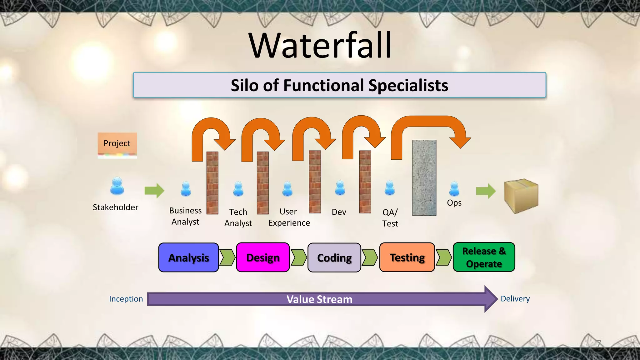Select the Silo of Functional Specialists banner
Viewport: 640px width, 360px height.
(339, 85)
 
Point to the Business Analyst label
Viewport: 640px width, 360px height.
(185, 216)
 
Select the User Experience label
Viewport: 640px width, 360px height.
(289, 217)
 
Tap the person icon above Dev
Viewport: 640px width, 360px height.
(340, 188)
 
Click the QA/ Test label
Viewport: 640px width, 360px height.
(390, 218)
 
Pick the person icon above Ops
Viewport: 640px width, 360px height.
(454, 189)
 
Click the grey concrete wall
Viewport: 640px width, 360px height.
(424, 177)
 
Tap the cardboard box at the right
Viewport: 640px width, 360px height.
(521, 196)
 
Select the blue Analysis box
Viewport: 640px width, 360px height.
(188, 257)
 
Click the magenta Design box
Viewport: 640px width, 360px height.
(263, 257)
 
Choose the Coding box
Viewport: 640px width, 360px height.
(334, 257)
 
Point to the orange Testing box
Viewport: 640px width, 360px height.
(407, 257)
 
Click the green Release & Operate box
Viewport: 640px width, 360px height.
(484, 257)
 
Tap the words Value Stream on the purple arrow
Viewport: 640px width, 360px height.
(319, 299)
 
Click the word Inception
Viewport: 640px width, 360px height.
(126, 299)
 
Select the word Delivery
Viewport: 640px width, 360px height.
(515, 298)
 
